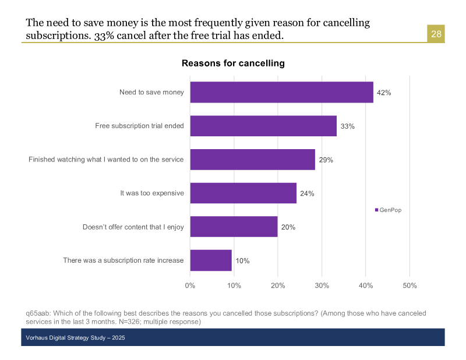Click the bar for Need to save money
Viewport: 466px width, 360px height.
coord(281,92)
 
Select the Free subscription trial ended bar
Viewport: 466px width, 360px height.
coord(263,126)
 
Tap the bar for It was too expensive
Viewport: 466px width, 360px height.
coord(243,193)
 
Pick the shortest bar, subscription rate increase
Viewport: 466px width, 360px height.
coord(211,260)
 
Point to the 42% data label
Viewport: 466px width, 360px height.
coord(383,93)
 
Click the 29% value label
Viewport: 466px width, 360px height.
coord(326,160)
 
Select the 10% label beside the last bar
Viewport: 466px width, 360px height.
coord(242,261)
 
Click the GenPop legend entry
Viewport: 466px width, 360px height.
coord(388,210)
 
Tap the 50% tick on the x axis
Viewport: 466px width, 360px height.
coord(409,285)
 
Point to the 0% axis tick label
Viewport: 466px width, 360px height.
coord(190,285)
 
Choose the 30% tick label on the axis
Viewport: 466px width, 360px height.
coord(322,285)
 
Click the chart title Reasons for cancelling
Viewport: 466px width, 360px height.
coord(233,63)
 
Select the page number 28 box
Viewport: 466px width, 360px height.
coord(436,34)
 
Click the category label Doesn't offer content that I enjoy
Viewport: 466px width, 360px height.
coord(133,227)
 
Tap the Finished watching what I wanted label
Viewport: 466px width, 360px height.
coord(106,159)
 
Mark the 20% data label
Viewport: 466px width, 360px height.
coord(288,227)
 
